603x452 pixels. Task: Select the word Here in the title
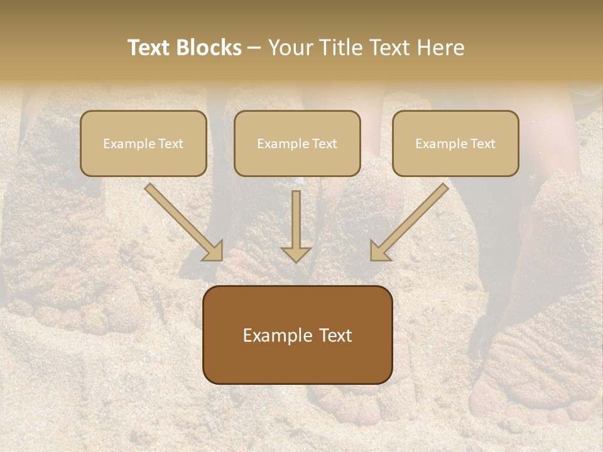coord(441,48)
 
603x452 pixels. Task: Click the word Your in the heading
coord(290,48)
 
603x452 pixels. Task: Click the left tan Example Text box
coord(143,144)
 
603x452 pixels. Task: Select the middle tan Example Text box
coord(297,144)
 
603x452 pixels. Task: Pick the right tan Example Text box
coord(455,144)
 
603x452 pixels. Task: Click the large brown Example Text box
coord(297,335)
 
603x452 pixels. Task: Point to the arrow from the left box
coord(182,220)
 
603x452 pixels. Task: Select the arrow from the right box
coord(411,220)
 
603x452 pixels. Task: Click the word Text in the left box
coord(170,144)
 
